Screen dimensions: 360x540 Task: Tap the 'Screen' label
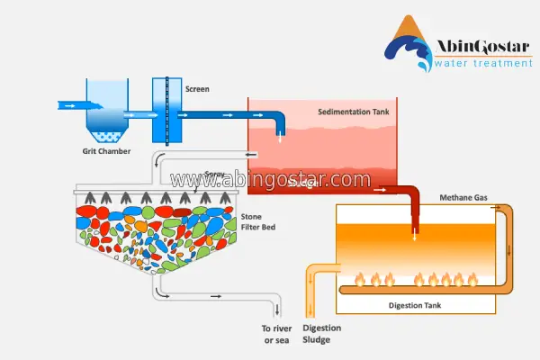[x=197, y=89]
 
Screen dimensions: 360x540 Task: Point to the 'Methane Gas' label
[x=463, y=197]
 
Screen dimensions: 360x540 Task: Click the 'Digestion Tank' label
[x=414, y=306]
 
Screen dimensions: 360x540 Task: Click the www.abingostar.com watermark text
[x=270, y=179]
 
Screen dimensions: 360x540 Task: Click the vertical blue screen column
[x=161, y=111]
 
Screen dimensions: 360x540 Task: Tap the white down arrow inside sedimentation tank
[x=279, y=136]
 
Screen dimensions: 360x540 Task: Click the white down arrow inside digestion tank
[x=415, y=237]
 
